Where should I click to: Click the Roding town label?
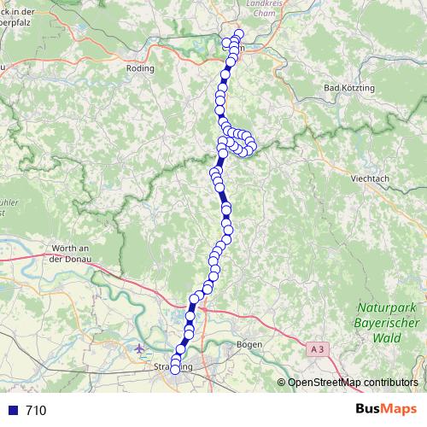139,67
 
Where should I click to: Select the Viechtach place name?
370,179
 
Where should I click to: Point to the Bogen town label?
249,343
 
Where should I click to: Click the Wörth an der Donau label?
72,253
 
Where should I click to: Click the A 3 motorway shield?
318,348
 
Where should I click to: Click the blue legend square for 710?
11,411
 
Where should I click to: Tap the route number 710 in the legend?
36,411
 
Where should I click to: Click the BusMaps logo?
386,410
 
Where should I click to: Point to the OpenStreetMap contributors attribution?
352,382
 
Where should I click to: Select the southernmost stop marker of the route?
175,370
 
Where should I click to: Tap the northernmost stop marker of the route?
238,34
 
